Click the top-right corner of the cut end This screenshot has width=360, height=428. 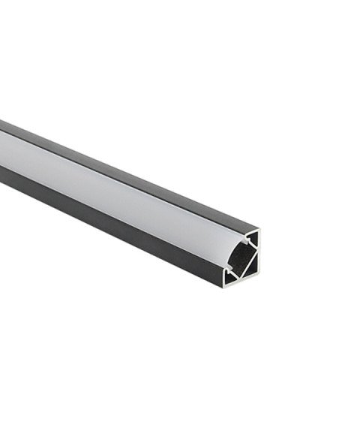tap(259, 230)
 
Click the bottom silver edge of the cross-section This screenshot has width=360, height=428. tap(241, 284)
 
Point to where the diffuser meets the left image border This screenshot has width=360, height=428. tap(1, 151)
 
